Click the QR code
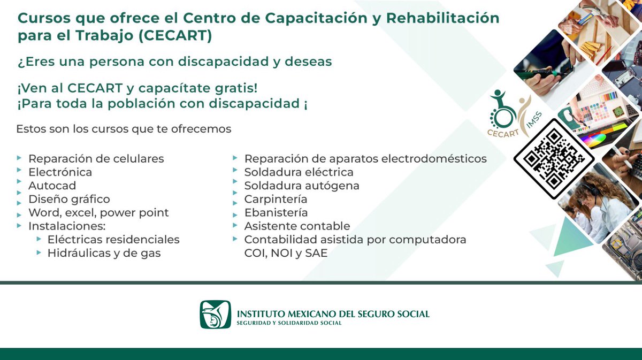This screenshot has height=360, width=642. point(554,159)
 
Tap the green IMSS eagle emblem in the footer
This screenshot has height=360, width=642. point(216,315)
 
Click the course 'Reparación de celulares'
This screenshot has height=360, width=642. point(96,159)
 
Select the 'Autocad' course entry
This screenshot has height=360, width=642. point(52,186)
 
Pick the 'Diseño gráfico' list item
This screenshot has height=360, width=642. point(69,199)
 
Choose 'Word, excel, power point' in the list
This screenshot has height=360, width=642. point(98,212)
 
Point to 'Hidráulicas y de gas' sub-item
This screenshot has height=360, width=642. point(104,253)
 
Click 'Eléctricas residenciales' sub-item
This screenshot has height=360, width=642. point(113,240)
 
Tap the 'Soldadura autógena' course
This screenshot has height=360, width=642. point(302,186)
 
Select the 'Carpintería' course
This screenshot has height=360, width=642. point(276,199)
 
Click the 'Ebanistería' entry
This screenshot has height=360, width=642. point(276,212)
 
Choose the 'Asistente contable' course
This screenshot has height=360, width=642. point(297,226)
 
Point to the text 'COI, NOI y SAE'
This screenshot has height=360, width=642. point(286,253)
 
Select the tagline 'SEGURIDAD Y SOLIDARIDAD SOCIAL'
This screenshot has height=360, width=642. point(289,323)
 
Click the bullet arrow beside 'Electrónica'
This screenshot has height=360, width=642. point(19,172)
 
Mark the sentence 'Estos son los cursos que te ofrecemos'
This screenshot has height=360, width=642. point(124,129)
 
